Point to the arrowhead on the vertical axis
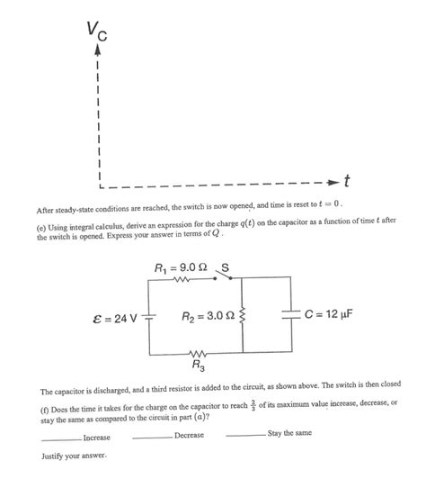tap(96, 54)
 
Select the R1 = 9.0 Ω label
tap(181, 267)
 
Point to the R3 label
tap(197, 366)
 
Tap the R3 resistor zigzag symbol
tap(197, 352)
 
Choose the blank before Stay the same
tap(245, 435)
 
